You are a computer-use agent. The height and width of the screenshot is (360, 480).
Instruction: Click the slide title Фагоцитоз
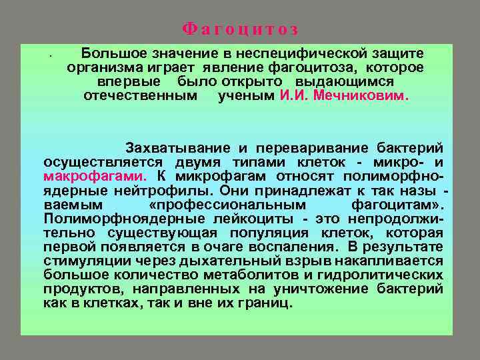coord(240,30)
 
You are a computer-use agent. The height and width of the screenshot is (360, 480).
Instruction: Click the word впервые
coord(129,81)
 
